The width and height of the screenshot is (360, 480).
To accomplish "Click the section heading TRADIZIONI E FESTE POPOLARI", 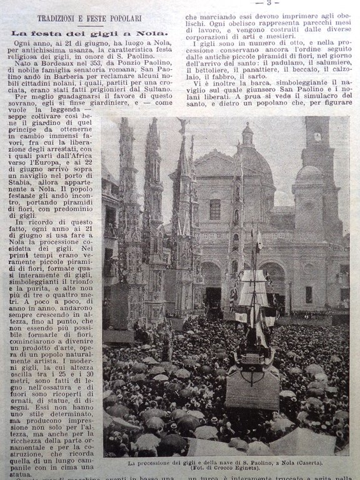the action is click(x=89, y=18).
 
